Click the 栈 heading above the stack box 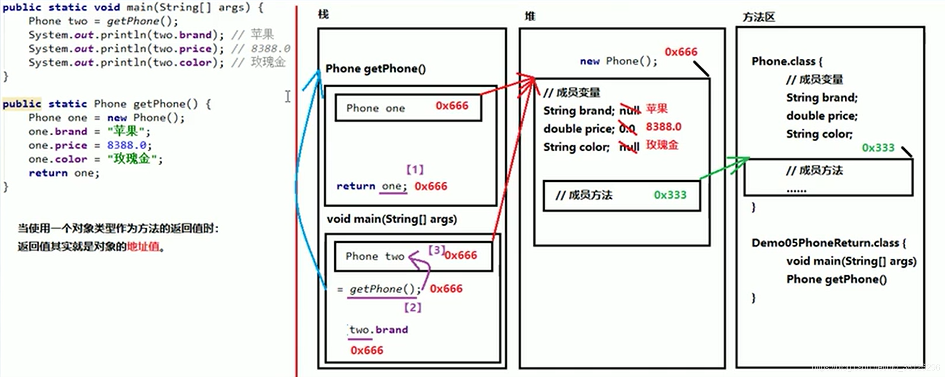pos(323,14)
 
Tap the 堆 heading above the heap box pos(530,16)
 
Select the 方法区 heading pos(758,17)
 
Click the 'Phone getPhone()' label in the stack pos(376,69)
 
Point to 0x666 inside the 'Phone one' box pos(452,106)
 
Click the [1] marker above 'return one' pos(415,169)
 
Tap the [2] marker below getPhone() pos(412,307)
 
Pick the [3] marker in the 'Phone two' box pos(436,250)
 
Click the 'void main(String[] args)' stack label pos(392,219)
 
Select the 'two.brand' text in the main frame pos(379,329)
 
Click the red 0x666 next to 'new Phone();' pos(680,52)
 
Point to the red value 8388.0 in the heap pos(663,127)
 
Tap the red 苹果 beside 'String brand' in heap pos(657,109)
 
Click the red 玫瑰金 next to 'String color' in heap pos(662,145)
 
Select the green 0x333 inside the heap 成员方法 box pos(670,195)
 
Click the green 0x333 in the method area pos(878,148)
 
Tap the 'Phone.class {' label pos(786,61)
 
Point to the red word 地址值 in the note pos(143,247)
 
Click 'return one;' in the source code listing pos(64,173)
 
